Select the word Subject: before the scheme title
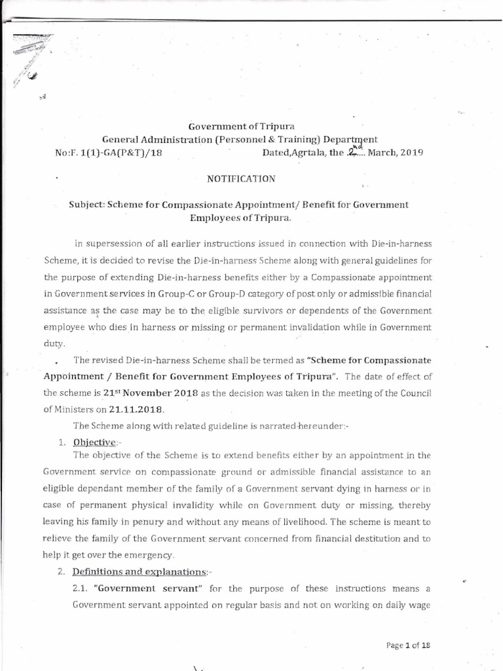[90, 204]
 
